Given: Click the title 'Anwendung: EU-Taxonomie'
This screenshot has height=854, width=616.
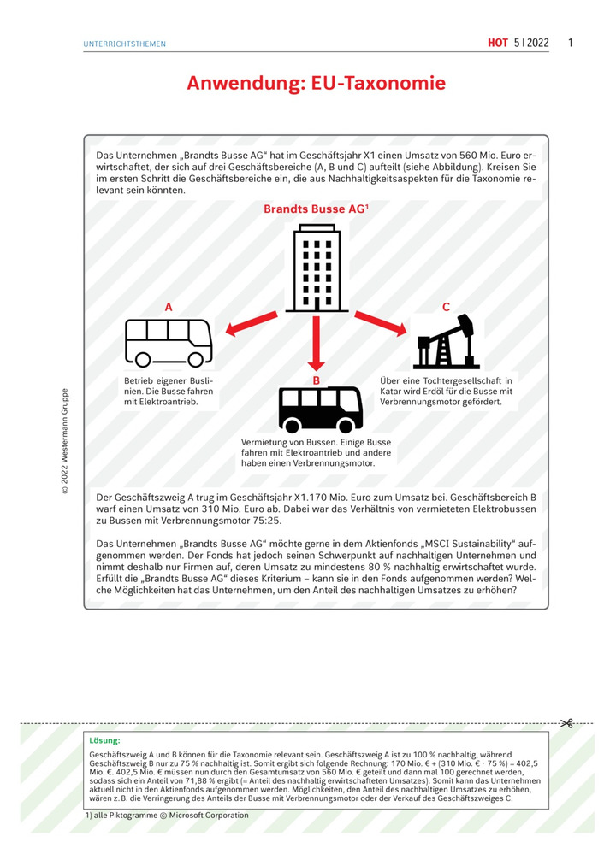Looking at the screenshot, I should pos(316,84).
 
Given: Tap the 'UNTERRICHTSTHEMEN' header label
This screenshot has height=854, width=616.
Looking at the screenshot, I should pos(125,44).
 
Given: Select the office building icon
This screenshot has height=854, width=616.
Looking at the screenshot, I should pos(317,268).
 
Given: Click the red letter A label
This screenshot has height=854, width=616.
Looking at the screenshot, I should pos(169,306).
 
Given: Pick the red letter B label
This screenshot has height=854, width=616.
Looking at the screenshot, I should pos(316,380).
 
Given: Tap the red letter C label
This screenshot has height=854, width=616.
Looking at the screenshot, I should pos(446,306).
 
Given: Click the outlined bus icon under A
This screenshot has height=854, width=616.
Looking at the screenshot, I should pos(169,342).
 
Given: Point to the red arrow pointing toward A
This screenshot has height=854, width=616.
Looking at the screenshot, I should pos(252,325).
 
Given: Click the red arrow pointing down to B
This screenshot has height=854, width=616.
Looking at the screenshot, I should pos(317,342).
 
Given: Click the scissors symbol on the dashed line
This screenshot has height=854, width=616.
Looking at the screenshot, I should pos(566,723).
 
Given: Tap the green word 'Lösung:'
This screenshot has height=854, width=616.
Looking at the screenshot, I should pos(104,739).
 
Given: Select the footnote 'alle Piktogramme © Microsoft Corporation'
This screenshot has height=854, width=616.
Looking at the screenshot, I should pos(170,816).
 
